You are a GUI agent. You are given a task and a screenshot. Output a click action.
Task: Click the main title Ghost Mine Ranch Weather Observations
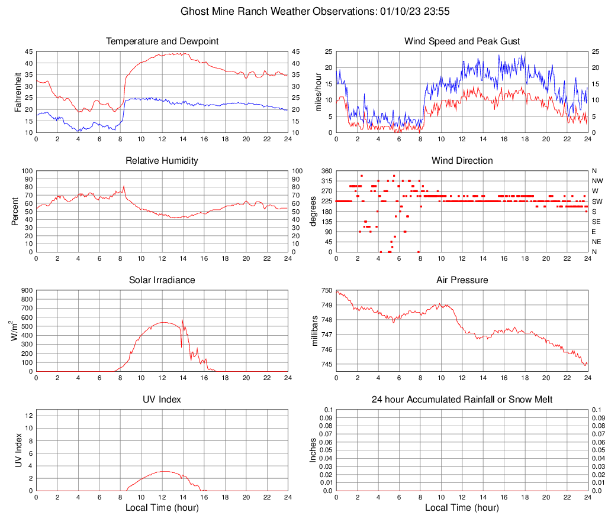304,11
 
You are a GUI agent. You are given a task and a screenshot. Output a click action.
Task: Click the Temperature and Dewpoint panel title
162,41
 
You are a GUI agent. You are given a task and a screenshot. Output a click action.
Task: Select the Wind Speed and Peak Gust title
462,41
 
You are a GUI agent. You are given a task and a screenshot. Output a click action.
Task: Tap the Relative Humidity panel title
162,161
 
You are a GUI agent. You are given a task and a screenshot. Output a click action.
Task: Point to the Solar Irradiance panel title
162,280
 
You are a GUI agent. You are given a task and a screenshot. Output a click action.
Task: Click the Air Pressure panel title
462,280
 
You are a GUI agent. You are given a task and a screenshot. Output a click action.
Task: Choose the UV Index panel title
162,400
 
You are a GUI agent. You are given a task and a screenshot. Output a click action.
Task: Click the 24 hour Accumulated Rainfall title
462,400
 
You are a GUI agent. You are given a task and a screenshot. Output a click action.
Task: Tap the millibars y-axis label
315,330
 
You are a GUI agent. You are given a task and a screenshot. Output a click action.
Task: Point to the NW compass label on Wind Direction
597,181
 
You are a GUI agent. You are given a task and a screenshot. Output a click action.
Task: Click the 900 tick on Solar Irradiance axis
27,290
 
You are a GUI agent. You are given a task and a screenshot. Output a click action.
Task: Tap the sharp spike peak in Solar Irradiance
182,320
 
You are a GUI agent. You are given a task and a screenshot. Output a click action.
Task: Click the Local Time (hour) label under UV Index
162,508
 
